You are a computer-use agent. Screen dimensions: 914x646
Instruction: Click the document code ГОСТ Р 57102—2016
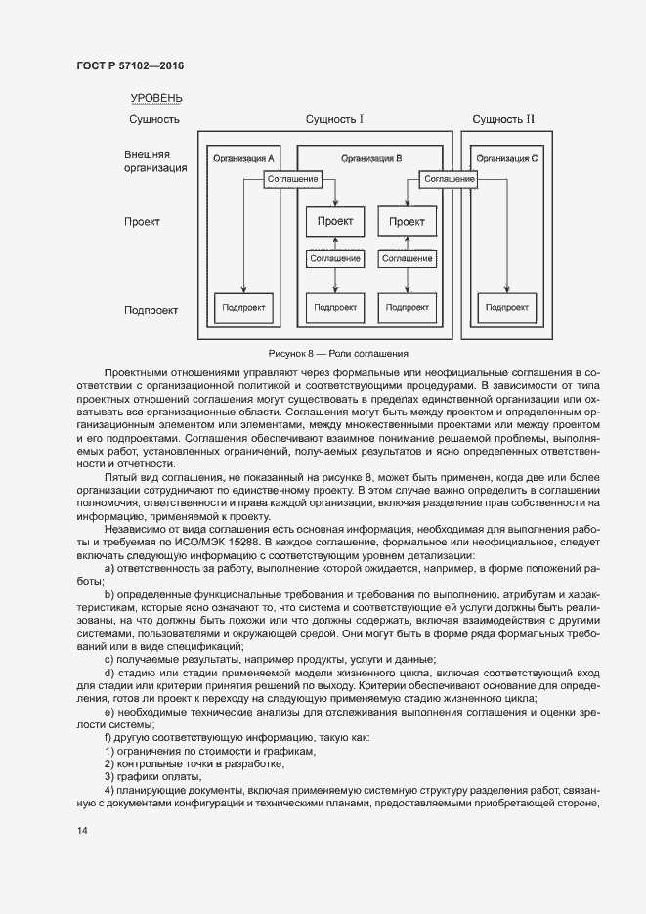(129, 65)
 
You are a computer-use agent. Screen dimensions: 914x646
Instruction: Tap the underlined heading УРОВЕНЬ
(156, 98)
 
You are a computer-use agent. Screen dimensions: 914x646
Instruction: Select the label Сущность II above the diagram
(503, 120)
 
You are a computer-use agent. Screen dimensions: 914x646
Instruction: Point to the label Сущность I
(334, 120)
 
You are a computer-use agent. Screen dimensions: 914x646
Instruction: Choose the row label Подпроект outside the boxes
(151, 310)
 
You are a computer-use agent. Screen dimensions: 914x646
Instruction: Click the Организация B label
(371, 158)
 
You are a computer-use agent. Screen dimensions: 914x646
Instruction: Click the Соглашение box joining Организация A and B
(292, 179)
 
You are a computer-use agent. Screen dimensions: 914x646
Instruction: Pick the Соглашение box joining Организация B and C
(450, 179)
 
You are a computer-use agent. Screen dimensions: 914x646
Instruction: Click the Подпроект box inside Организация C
(505, 307)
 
